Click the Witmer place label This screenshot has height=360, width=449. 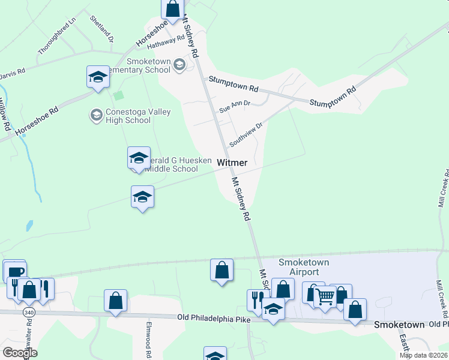pos(232,163)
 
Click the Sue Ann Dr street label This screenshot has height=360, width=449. pos(234,107)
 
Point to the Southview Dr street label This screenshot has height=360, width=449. pos(246,135)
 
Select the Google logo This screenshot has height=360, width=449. pos(20,353)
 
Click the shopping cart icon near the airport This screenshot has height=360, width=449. pos(325,296)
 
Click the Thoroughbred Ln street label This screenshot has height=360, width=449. pos(58,36)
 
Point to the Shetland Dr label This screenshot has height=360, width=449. pos(101,28)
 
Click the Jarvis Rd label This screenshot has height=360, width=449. pos(12,71)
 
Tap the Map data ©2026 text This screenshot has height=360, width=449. pos(423,355)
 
